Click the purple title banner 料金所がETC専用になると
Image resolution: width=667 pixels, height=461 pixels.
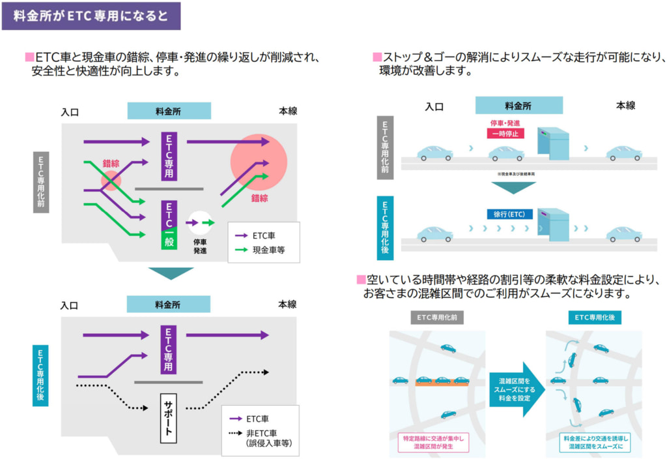91,16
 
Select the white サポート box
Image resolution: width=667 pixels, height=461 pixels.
169,418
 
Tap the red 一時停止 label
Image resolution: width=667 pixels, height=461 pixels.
505,134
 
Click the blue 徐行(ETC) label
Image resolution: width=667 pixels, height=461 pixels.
509,214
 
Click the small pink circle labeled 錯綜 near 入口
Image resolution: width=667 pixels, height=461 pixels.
111,180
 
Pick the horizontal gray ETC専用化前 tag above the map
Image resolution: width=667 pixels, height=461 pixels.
437,318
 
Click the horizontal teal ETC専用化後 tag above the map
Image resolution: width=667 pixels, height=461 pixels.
593,318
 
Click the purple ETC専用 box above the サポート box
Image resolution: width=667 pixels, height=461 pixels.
169,349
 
